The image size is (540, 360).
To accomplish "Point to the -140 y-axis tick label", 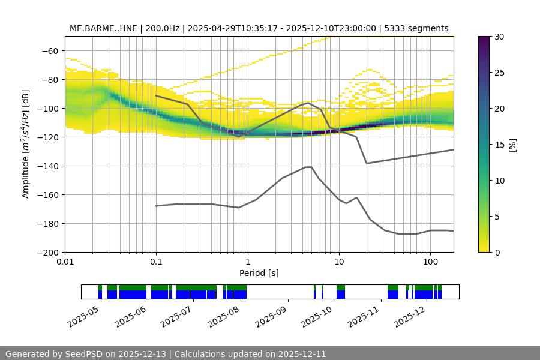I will [48, 166].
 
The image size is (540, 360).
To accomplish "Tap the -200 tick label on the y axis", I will [48, 252].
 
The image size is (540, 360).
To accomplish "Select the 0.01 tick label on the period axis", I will [65, 262].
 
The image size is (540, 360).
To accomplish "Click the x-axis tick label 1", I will [248, 262].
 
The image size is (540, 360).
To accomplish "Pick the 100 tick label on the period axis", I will [430, 262].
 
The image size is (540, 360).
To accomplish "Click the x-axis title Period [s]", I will [259, 273].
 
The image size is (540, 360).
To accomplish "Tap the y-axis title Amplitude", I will [26, 144].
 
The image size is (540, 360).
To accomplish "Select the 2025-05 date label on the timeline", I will [84, 314].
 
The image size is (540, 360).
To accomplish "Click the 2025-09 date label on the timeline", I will [271, 314].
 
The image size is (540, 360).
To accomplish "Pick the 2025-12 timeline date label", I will [411, 314].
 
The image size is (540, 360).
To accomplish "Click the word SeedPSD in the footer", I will [86, 354].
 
